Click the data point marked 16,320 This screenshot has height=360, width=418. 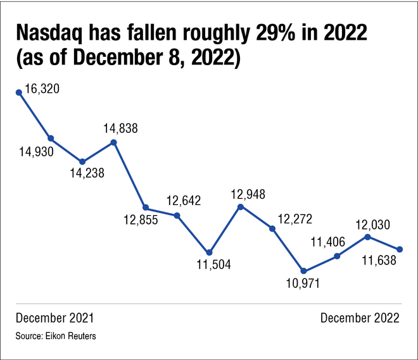coord(19,92)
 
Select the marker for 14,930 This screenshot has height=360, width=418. coord(51,138)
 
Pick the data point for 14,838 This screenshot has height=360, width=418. coord(114,142)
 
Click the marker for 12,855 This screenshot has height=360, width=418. coord(146,208)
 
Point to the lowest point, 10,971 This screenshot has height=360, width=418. coord(304,271)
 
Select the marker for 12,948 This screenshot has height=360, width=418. coord(241,206)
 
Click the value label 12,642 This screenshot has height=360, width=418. coord(184,201)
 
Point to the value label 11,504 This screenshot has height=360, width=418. coord(213,265)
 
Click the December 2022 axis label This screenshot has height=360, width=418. coord(360,318)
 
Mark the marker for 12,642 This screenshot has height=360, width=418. coord(177,216)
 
